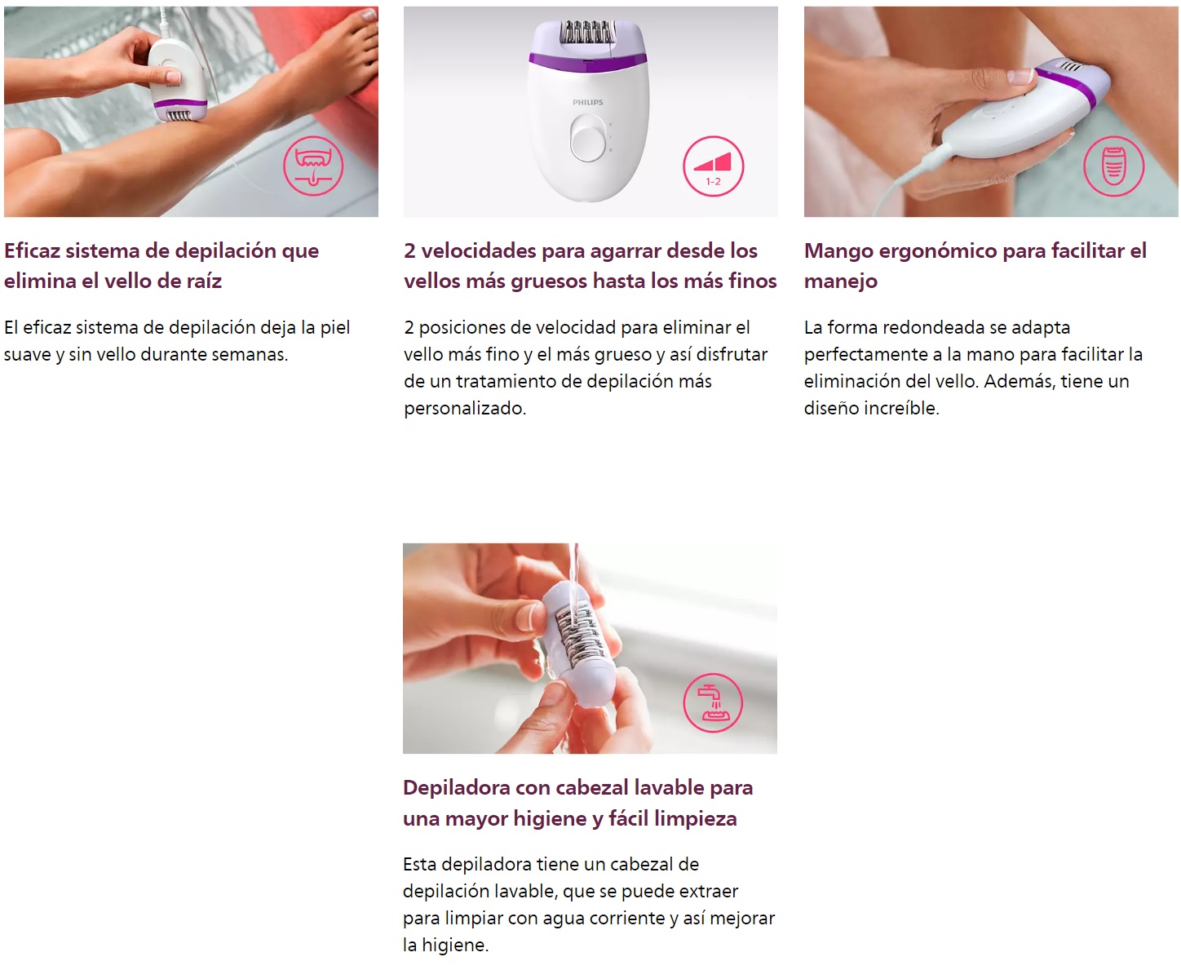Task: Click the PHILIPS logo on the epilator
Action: point(588,103)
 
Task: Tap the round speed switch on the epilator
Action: point(588,138)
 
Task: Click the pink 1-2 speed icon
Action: point(713,166)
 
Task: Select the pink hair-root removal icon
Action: point(312,166)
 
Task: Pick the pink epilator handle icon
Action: point(1113,166)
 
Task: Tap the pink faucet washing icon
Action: point(713,702)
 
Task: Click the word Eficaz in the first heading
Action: point(32,250)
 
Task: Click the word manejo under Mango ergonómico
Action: point(841,281)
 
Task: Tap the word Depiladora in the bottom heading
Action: point(457,788)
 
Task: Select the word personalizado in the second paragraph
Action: point(465,408)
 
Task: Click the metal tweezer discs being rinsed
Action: point(575,636)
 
